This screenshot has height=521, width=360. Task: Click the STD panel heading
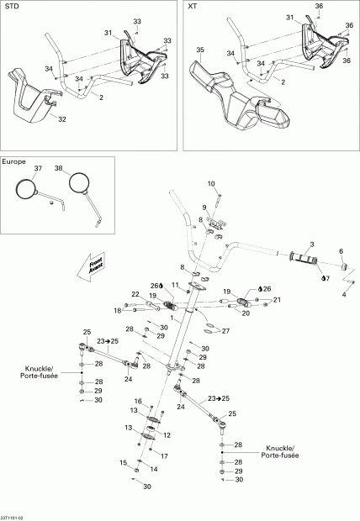tap(12, 7)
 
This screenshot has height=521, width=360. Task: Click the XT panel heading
tap(192, 7)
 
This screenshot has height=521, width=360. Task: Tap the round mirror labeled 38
tap(80, 182)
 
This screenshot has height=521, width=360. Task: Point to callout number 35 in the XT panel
tap(200, 50)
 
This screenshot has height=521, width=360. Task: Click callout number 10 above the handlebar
tap(211, 183)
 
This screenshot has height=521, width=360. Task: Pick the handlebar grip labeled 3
tap(304, 255)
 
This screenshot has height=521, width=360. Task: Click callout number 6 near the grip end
tap(341, 251)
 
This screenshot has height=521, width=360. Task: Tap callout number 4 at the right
tap(344, 295)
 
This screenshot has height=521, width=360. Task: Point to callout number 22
tap(135, 293)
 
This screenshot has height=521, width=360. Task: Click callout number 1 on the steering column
tap(172, 319)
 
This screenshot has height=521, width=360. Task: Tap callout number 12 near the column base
tap(167, 434)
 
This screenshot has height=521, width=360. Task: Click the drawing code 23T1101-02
tap(14, 515)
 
